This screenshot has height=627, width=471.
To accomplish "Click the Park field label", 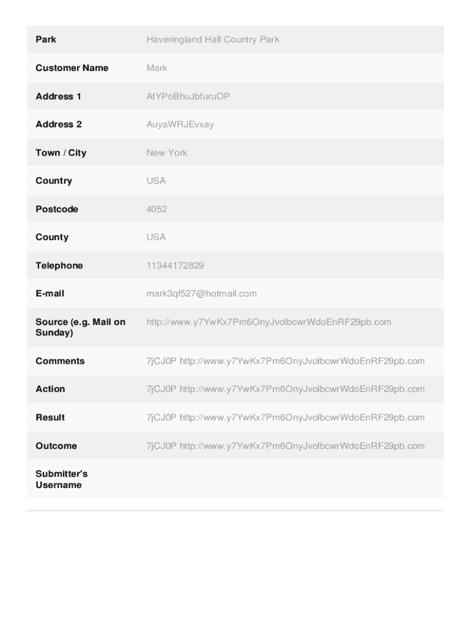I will [46, 39].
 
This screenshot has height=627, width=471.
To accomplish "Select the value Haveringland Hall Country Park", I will [212, 39].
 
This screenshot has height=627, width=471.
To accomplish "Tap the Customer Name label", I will [72, 68].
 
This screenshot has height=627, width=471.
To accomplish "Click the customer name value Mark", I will [157, 68].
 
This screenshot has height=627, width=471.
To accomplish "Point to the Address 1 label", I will [58, 96].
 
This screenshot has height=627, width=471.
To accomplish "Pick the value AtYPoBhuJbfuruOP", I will [188, 96].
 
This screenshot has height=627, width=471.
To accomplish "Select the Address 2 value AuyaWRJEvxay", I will [180, 124].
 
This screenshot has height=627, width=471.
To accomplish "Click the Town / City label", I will [61, 152].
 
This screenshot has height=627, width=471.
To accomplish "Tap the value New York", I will [166, 152].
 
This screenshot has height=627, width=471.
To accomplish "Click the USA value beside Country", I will [156, 181].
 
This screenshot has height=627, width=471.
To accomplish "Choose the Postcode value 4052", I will [157, 209].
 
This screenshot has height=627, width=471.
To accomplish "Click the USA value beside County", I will [156, 237].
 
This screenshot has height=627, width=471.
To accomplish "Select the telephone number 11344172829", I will [175, 265].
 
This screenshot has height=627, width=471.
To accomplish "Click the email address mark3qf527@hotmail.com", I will [201, 293].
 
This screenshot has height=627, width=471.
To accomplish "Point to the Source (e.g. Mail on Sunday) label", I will [80, 327].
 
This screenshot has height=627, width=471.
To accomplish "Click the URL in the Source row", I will [269, 321].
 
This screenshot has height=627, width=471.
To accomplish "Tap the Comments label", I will [60, 361].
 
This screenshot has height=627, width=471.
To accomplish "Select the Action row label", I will [50, 389].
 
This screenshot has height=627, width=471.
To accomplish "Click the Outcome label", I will [56, 446].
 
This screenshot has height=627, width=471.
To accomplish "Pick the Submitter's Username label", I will [61, 479].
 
